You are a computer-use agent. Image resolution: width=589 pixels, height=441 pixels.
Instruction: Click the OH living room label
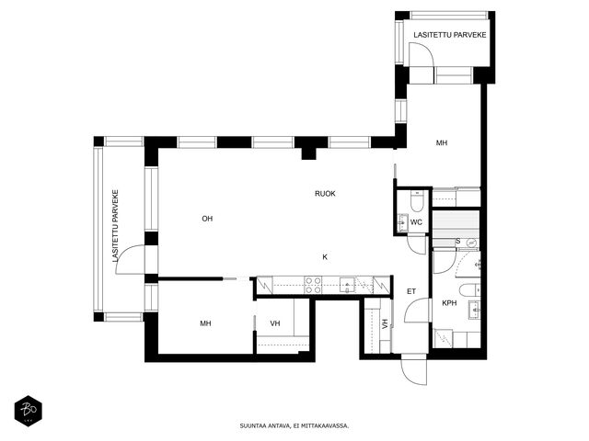[x=207, y=219]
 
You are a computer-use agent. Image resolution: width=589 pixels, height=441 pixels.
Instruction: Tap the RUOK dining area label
[x=325, y=194]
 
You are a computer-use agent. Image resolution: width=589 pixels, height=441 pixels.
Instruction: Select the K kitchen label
[x=325, y=257]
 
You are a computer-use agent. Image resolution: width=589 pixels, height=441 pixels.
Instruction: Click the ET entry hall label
[x=411, y=291]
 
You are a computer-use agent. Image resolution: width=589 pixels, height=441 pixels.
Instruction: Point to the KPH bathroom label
[x=449, y=303]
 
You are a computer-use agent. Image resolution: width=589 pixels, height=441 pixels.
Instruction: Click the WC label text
[x=416, y=222]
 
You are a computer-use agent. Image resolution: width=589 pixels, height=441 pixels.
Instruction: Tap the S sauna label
[x=458, y=241]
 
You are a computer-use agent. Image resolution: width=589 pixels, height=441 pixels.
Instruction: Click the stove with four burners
[x=313, y=285]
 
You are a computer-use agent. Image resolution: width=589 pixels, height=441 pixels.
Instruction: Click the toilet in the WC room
[x=417, y=200]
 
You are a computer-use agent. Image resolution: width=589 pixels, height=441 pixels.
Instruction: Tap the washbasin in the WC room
[x=403, y=222]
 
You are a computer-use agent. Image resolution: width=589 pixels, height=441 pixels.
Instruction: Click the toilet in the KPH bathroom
[x=469, y=290]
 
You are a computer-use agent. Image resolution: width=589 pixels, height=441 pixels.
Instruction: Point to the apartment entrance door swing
[x=413, y=371]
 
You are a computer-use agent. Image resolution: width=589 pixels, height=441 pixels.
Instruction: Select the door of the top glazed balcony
[x=422, y=56]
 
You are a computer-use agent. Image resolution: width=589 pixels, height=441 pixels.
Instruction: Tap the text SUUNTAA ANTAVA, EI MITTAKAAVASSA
[x=294, y=426]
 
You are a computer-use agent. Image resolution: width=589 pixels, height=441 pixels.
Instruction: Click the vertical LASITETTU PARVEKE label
[x=115, y=226]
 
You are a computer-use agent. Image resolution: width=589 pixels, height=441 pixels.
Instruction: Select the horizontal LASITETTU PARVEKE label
[x=450, y=35]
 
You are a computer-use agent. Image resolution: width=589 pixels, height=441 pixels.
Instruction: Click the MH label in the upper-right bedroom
[x=442, y=143]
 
